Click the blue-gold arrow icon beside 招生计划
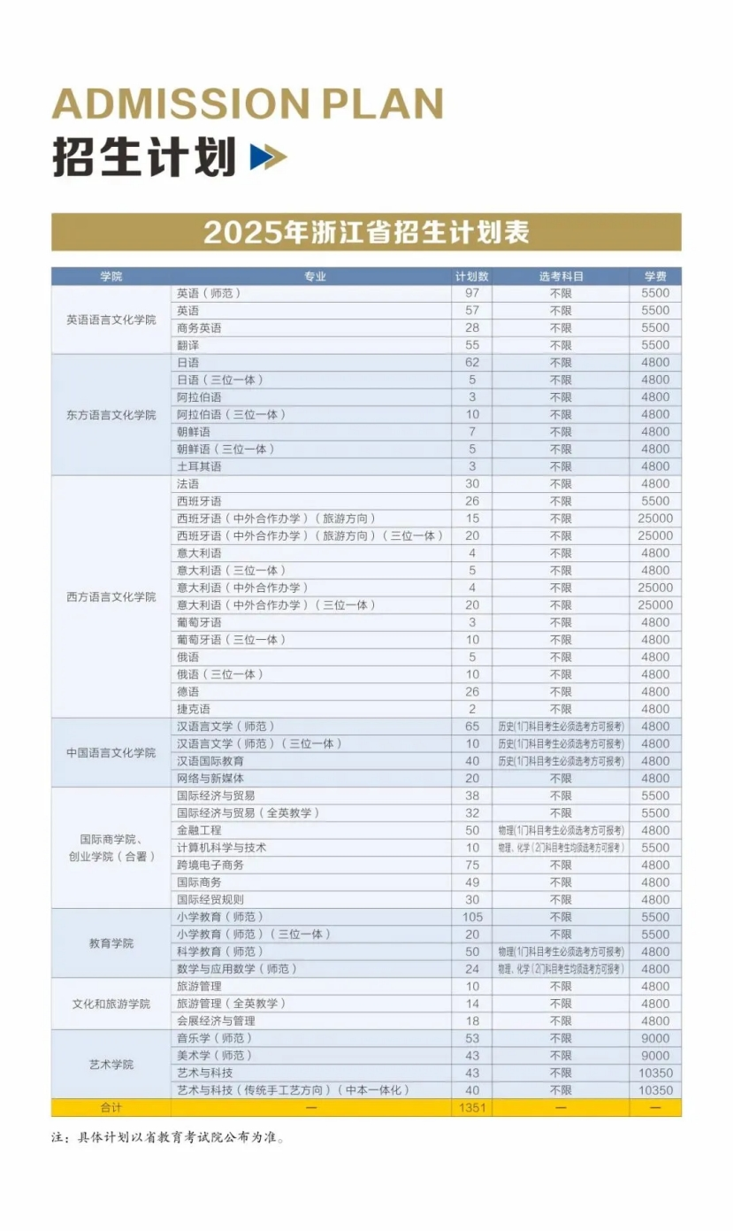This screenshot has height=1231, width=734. [268, 157]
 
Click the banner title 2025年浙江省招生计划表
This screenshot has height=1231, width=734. [366, 232]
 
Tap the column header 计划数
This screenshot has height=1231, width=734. [472, 276]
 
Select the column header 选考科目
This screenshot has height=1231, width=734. [561, 276]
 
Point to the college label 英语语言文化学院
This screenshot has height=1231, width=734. [111, 319]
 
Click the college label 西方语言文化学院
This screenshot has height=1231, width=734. [111, 596]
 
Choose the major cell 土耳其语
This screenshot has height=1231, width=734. [199, 466]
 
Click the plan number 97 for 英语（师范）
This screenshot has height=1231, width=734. [472, 293]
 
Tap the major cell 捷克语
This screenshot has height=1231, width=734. [194, 709]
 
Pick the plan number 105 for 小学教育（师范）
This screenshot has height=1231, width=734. [472, 917]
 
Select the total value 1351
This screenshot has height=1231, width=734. [472, 1108]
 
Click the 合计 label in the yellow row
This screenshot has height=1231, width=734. [111, 1108]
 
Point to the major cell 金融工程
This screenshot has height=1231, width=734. [199, 830]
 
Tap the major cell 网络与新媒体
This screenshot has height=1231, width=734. [210, 778]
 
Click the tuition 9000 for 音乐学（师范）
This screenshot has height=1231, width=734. [655, 1038]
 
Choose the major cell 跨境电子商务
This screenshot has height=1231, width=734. [210, 865]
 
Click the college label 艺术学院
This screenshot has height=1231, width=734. [111, 1065]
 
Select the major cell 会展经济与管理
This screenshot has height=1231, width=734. [216, 1020]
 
